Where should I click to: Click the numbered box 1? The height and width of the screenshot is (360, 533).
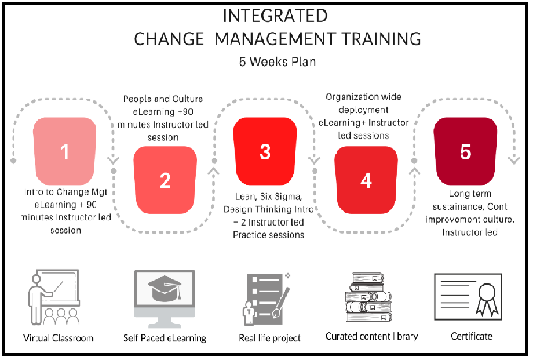pos(65,152)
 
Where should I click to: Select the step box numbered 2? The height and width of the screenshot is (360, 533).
pos(165,180)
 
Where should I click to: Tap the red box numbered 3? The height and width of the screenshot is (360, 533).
pos(265,152)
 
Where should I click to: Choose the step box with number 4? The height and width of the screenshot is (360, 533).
pos(366,180)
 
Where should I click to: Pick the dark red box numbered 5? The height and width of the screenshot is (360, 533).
pos(466,152)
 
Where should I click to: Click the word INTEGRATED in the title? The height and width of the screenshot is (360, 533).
pos(275,15)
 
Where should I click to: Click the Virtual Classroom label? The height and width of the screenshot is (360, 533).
pos(59,337)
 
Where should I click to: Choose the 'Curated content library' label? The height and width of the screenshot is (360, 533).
pos(371,336)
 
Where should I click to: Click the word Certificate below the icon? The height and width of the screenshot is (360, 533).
pos(472,336)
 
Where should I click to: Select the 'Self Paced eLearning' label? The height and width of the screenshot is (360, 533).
pos(165,337)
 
